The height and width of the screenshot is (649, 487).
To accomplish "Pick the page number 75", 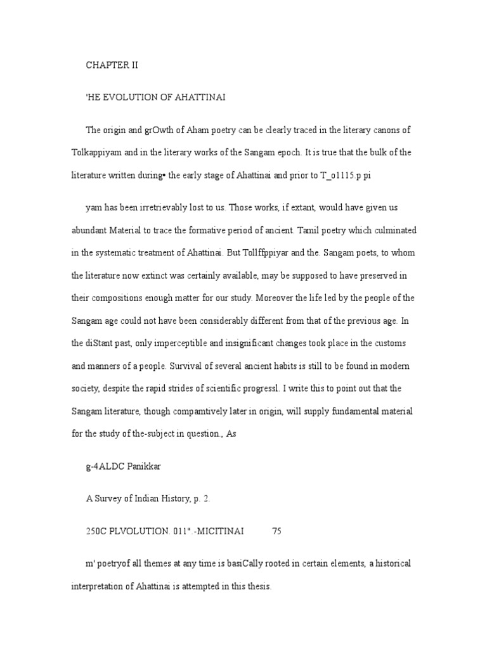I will [276, 532].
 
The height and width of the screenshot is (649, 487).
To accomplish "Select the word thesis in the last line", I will [259, 587].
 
